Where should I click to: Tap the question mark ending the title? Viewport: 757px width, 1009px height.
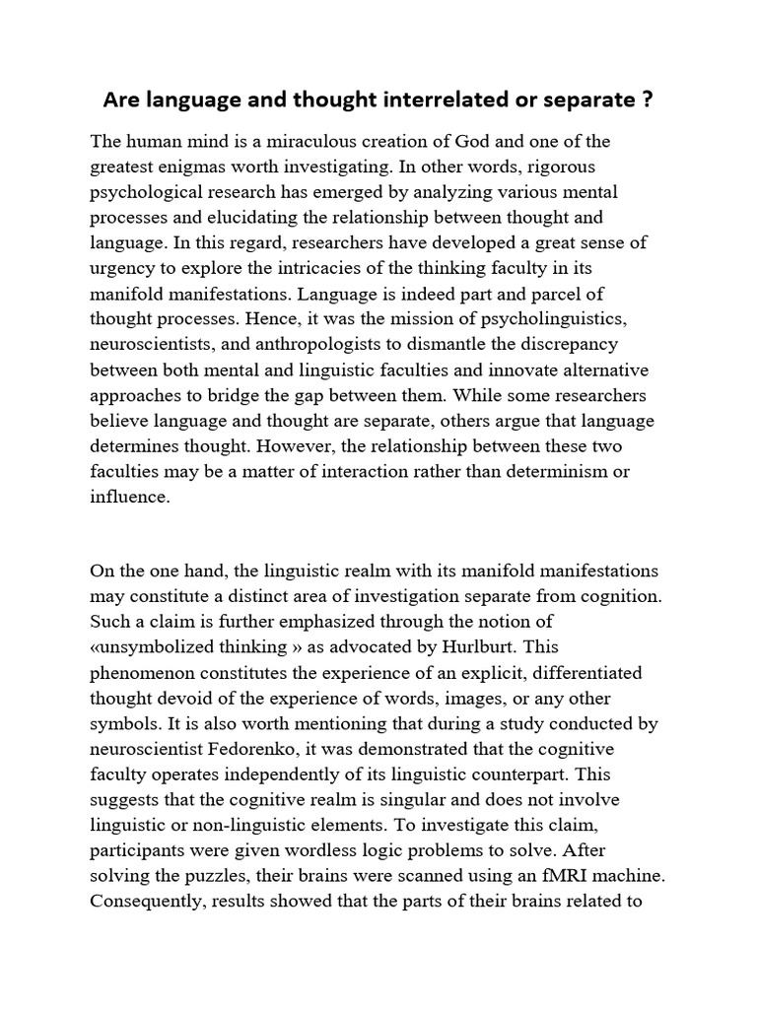652,101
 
